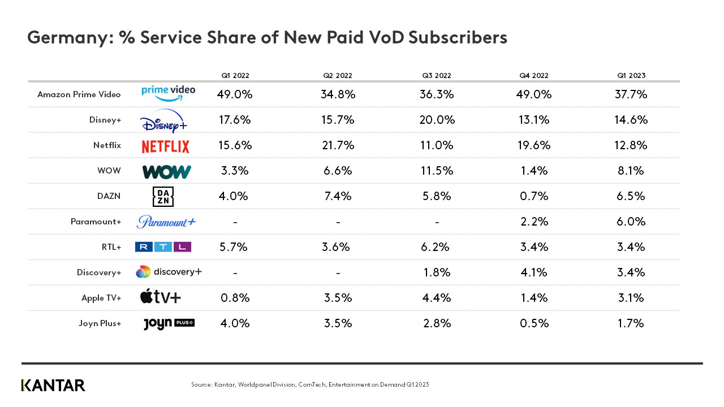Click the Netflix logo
pos(165,146)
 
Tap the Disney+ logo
pos(163,120)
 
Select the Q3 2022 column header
pos(437,75)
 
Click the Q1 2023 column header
pos(631,75)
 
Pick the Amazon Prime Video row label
pos(79,94)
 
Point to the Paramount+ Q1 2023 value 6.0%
pos(631,222)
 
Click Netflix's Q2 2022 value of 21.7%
pos(338,145)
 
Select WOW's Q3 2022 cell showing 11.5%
pos(437,171)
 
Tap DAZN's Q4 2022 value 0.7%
pos(535,196)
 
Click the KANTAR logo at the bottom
pos(53,386)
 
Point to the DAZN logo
pos(163,197)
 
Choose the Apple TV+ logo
pos(161,297)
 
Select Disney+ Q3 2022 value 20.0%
pos(437,120)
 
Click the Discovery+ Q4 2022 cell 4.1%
pos(535,272)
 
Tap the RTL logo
pos(163,247)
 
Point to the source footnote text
pos(310,385)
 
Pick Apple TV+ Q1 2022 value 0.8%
pos(235,298)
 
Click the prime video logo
pos(168,92)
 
